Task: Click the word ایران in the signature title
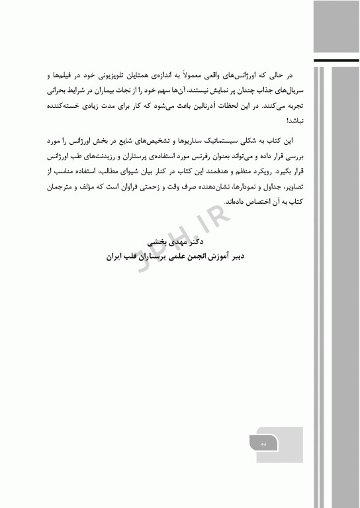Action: coord(116,255)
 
